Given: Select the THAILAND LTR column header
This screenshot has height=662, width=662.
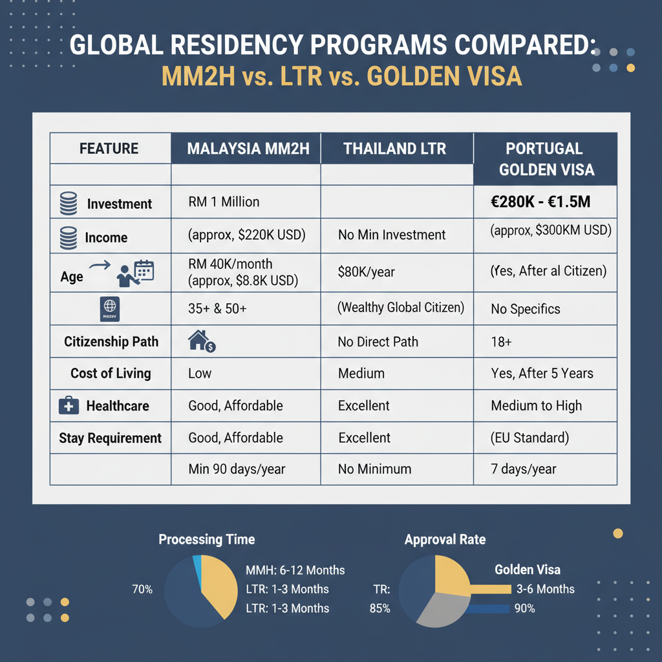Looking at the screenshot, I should pyautogui.click(x=394, y=148).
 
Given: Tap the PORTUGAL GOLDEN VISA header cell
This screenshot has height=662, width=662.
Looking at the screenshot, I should pyautogui.click(x=544, y=159).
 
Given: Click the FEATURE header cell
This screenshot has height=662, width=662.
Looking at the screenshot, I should pyautogui.click(x=109, y=148).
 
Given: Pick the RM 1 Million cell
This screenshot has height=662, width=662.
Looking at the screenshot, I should pyautogui.click(x=224, y=202).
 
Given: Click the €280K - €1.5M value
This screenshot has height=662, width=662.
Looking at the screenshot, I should pyautogui.click(x=540, y=202).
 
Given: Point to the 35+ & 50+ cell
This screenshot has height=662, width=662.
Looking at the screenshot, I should pyautogui.click(x=217, y=308).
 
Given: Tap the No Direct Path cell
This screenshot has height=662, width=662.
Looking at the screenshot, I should pyautogui.click(x=378, y=341).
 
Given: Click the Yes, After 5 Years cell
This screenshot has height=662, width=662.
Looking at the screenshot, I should pyautogui.click(x=542, y=373).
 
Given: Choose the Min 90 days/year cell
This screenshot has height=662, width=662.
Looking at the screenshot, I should pyautogui.click(x=237, y=469).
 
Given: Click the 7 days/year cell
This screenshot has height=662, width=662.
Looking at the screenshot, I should pyautogui.click(x=524, y=469).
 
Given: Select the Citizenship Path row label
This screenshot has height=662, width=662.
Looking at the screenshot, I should pyautogui.click(x=111, y=341).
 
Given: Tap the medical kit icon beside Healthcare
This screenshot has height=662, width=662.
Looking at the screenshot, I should pyautogui.click(x=69, y=406).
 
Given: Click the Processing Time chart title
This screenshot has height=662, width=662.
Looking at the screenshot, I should pyautogui.click(x=207, y=539).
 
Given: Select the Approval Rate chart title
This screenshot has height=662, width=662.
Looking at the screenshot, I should pyautogui.click(x=445, y=539).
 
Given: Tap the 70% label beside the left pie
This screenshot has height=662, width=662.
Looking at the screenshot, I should pyautogui.click(x=142, y=589).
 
